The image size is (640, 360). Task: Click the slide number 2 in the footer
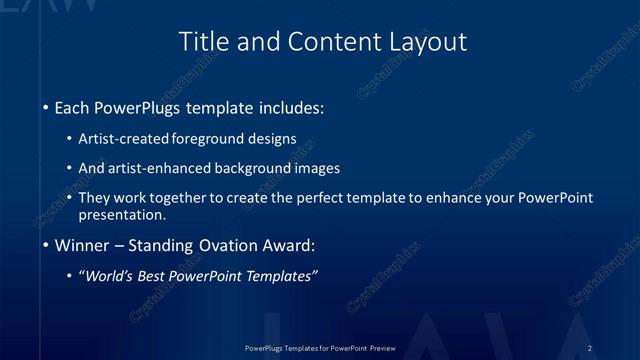click(590, 347)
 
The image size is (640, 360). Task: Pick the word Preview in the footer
click(381, 347)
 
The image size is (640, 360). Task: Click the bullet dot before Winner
click(47, 245)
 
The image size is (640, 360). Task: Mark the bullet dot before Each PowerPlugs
click(47, 107)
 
